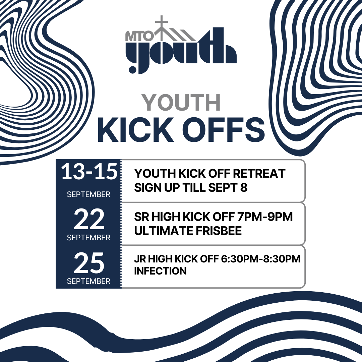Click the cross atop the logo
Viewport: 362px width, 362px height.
(x=161, y=23)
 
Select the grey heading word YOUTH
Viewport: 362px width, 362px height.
(x=181, y=103)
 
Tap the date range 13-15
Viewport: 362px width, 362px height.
(x=89, y=172)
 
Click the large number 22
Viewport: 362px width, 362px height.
(x=89, y=219)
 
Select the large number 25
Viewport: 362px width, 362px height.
(x=89, y=263)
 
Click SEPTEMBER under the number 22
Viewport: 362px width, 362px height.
(x=88, y=238)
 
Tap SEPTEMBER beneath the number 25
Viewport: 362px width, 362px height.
(x=88, y=281)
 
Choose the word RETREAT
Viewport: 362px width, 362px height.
(x=259, y=173)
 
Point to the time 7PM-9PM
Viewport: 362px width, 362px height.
(x=265, y=217)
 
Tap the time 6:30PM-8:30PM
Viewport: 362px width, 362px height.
(x=261, y=259)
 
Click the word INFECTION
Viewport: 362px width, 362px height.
(x=160, y=271)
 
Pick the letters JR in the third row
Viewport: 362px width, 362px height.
(x=140, y=259)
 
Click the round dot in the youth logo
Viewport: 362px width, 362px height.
(x=132, y=69)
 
